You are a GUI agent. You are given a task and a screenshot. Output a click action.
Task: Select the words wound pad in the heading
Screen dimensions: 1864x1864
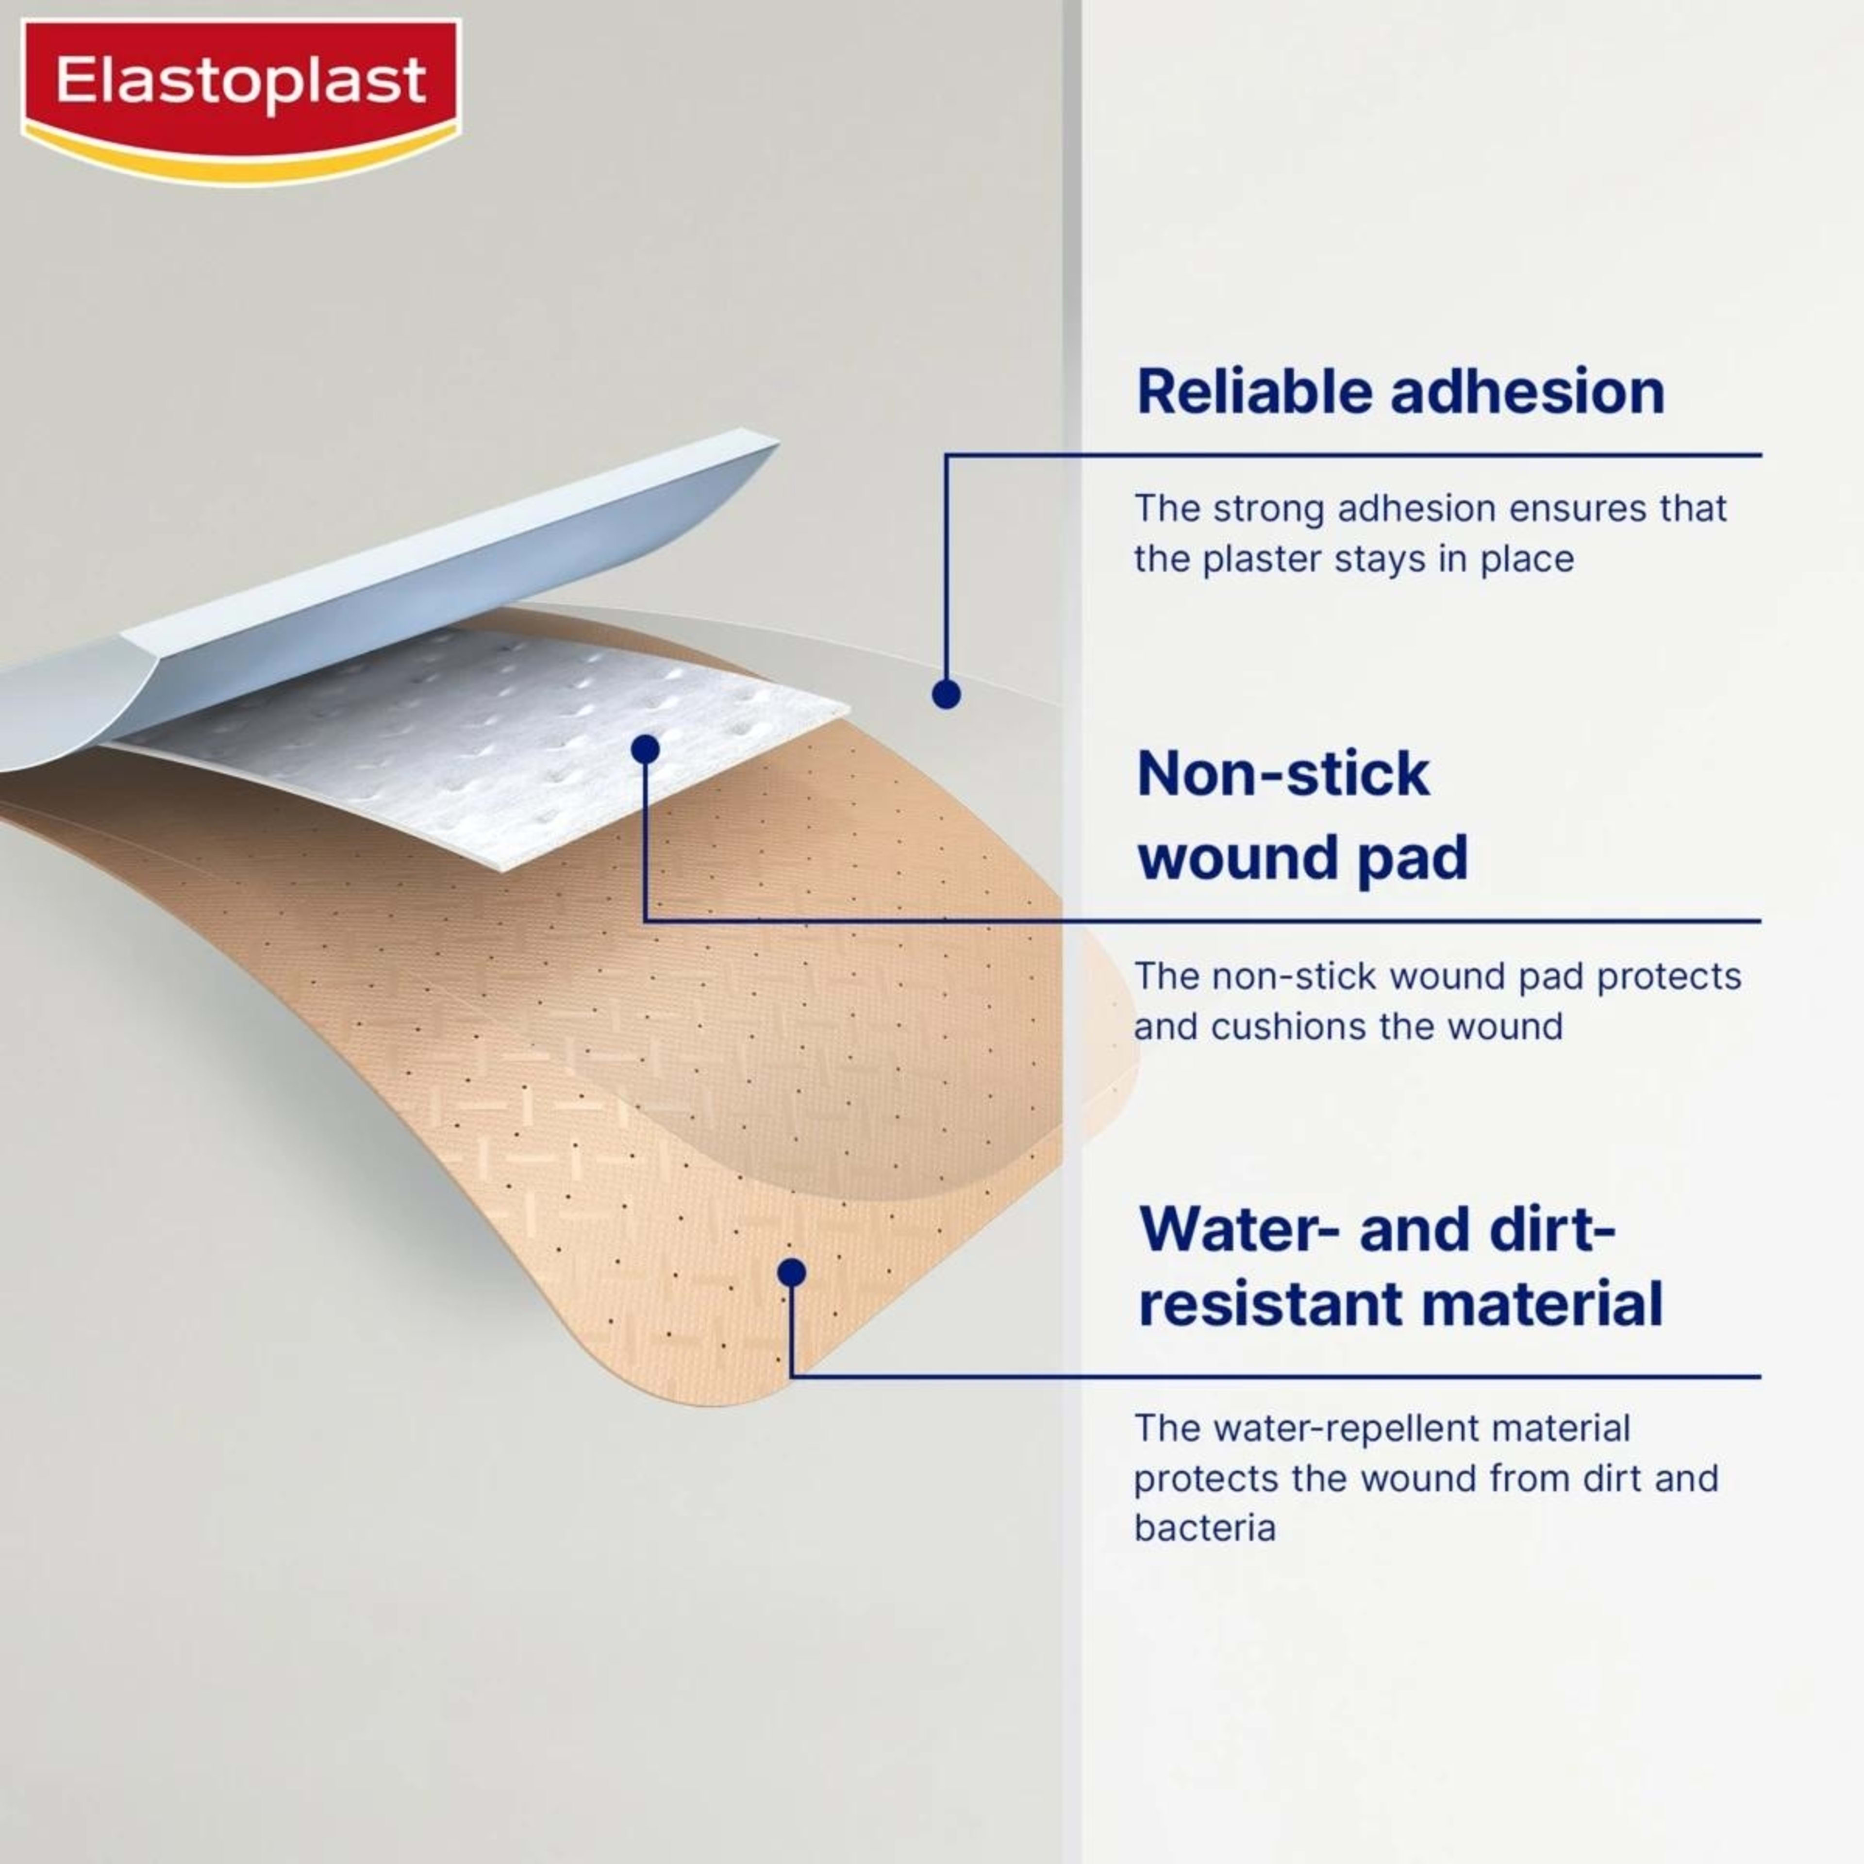[x=1302, y=857]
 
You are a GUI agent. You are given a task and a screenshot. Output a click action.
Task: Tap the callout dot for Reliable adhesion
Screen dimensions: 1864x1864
[x=946, y=694]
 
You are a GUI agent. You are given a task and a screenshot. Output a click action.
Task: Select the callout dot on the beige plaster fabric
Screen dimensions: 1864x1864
[x=791, y=1273]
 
